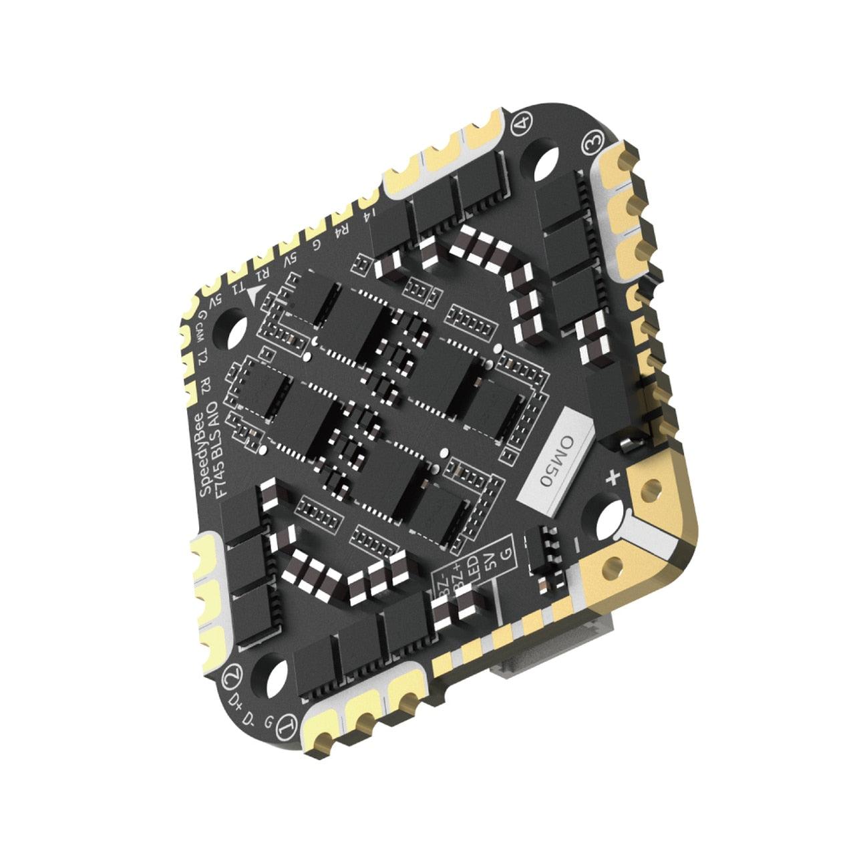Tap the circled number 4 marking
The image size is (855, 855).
(x=525, y=123)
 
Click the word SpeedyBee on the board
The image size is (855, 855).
(x=203, y=456)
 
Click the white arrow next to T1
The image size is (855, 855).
(x=254, y=296)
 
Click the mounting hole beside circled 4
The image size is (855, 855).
(x=546, y=161)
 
